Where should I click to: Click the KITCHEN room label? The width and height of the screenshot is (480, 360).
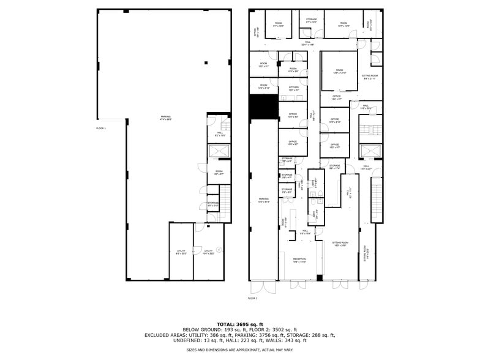pyautogui.click(x=293, y=88)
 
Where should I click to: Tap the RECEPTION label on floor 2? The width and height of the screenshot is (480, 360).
pyautogui.click(x=299, y=259)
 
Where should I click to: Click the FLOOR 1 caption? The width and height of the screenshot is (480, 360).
pyautogui.click(x=101, y=128)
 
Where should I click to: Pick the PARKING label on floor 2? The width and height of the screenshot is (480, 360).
pyautogui.click(x=263, y=199)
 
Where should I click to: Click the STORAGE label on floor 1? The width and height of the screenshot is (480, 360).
pyautogui.click(x=213, y=203)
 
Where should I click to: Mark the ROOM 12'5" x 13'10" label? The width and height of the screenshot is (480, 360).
pyautogui.click(x=339, y=71)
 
